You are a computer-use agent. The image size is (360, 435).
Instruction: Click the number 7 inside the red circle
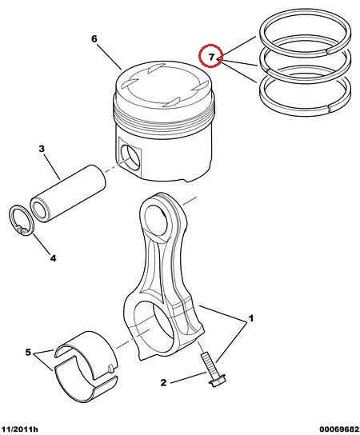point(211,57)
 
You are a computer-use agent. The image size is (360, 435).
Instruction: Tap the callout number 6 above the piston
point(94,39)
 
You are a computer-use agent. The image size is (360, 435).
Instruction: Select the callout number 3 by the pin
point(42,149)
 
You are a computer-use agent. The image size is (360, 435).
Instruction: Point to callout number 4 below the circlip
point(53,258)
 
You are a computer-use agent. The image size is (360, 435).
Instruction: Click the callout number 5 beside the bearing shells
point(28,353)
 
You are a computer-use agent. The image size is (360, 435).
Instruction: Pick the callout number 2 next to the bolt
point(164,383)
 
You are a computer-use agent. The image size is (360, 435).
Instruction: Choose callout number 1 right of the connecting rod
point(250,318)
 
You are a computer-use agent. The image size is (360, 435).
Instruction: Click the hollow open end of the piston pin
point(39,210)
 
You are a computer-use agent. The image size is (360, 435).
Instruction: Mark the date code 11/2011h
point(19,429)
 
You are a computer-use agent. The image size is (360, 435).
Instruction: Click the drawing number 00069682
point(339,429)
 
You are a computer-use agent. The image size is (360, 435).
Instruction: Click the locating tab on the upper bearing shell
point(110,368)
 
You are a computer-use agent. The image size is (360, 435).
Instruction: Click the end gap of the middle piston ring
point(266,70)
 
